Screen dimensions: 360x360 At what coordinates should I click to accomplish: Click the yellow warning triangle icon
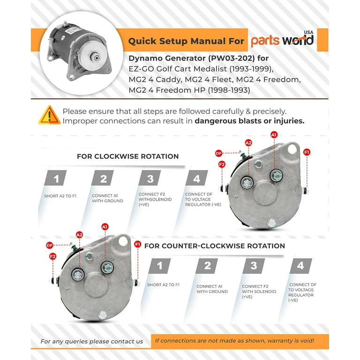pyautogui.click(x=49, y=115)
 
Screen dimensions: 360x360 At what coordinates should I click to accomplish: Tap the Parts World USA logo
pyautogui.click(x=282, y=39)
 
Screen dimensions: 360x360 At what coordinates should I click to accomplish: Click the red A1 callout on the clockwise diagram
pyautogui.click(x=274, y=135)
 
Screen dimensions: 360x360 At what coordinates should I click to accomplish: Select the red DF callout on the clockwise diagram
pyautogui.click(x=218, y=153)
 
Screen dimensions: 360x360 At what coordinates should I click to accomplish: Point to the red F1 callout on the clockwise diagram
pyautogui.click(x=307, y=152)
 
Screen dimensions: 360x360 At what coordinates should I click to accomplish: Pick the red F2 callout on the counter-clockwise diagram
pyautogui.click(x=53, y=256)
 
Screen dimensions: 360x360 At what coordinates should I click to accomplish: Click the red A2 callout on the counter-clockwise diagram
pyautogui.click(x=79, y=235)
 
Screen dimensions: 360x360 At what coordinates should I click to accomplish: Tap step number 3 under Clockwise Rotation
pyautogui.click(x=150, y=178)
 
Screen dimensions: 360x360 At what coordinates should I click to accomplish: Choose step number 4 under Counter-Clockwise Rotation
pyautogui.click(x=300, y=266)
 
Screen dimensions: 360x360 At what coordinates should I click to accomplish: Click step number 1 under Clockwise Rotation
pyautogui.click(x=56, y=178)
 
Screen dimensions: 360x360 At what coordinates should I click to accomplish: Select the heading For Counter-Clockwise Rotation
pyautogui.click(x=214, y=246)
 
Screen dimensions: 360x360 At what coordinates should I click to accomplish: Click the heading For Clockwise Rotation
pyautogui.click(x=127, y=157)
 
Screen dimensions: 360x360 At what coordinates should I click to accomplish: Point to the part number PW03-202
pyautogui.click(x=232, y=58)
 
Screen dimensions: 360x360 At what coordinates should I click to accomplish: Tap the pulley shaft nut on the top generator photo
pyautogui.click(x=95, y=57)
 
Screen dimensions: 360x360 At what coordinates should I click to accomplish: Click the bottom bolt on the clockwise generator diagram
pyautogui.click(x=271, y=223)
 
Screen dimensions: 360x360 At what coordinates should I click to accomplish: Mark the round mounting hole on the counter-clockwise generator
pyautogui.click(x=123, y=241)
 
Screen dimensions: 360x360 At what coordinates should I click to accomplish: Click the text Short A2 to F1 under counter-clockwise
pyautogui.click(x=163, y=285)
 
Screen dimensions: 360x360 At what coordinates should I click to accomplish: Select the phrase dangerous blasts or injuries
pyautogui.click(x=249, y=121)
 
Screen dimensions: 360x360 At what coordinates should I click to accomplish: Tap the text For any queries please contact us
pyautogui.click(x=92, y=341)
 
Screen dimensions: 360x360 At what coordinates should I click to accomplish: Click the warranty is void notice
pyautogui.click(x=234, y=341)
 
